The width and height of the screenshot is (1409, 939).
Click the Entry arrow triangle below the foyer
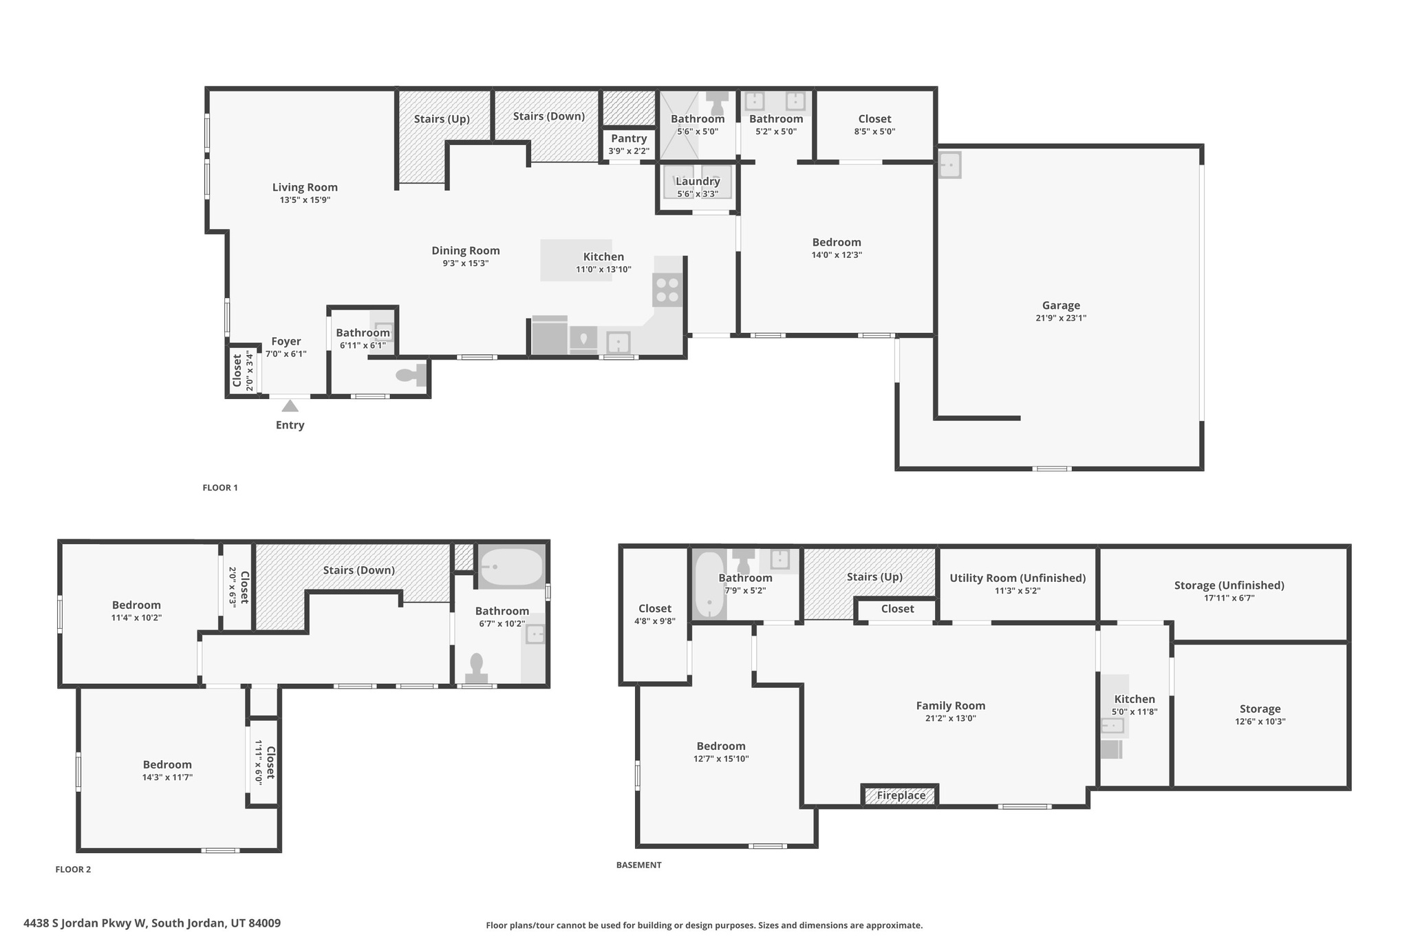tap(290, 406)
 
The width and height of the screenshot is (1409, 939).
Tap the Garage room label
tap(1060, 305)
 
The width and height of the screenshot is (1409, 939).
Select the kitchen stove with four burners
tap(667, 290)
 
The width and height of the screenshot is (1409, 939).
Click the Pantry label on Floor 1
tap(628, 139)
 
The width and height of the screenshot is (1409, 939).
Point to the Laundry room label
tap(698, 182)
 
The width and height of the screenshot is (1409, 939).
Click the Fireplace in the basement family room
tap(901, 795)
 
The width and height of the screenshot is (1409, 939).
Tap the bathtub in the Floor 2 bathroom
tap(510, 567)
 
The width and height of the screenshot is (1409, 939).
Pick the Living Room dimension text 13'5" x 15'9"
tap(305, 200)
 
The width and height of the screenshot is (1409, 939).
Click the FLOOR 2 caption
tap(73, 869)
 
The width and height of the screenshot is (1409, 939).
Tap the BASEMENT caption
tap(638, 865)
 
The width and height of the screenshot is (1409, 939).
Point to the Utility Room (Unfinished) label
tap(1017, 578)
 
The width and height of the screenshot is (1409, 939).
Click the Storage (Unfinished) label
tap(1229, 585)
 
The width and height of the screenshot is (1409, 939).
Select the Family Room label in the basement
tap(950, 706)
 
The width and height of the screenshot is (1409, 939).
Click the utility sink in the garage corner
tap(949, 165)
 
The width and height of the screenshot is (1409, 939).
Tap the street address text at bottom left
tap(152, 923)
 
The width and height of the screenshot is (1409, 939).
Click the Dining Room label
tap(465, 251)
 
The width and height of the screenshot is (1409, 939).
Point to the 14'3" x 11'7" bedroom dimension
tap(167, 777)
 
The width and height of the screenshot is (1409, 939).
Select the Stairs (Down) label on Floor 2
tap(358, 570)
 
